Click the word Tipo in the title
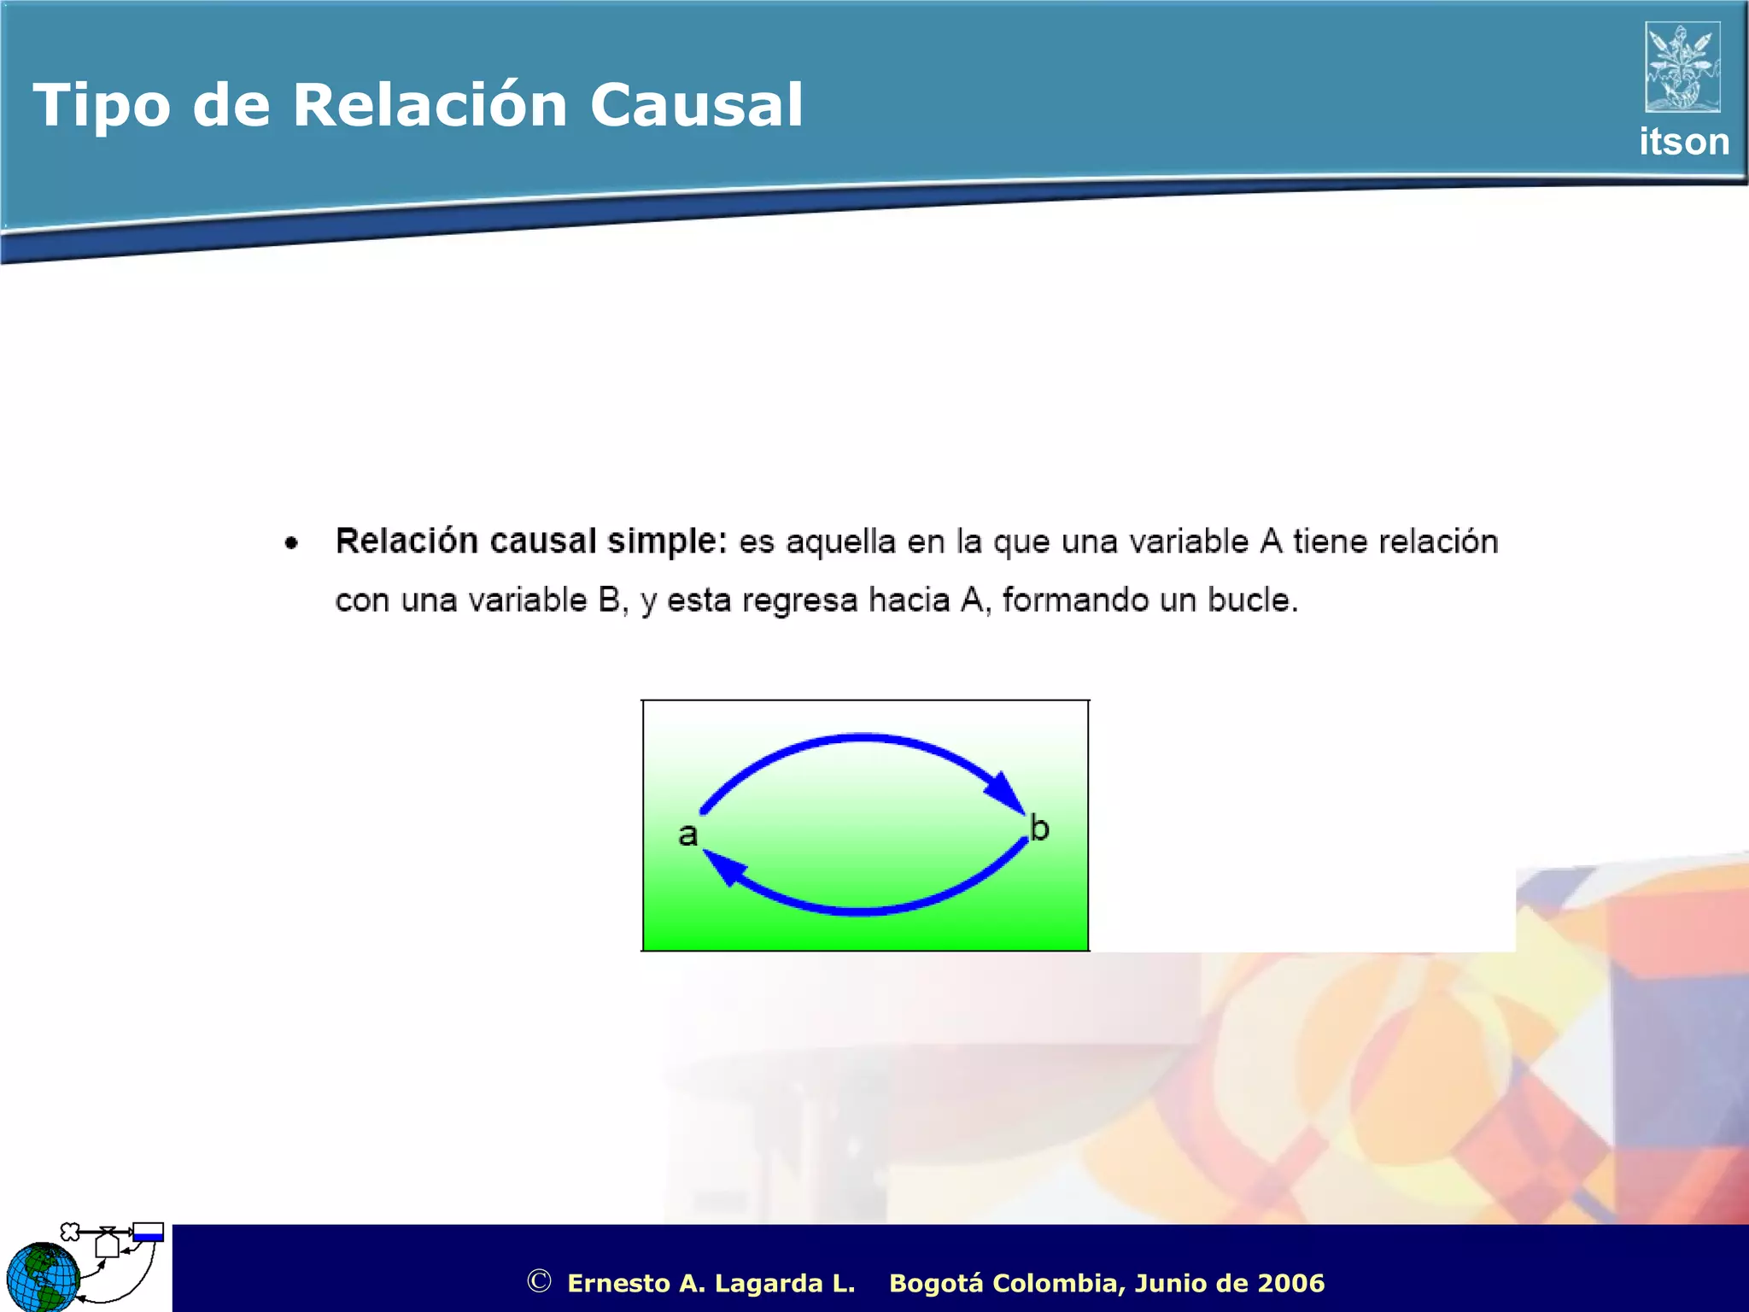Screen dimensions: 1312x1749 click(x=101, y=106)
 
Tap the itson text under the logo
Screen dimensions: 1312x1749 click(x=1683, y=142)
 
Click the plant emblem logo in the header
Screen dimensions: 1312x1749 click(x=1682, y=67)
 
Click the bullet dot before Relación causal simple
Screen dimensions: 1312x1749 click(x=292, y=543)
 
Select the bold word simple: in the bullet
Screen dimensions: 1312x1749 click(x=666, y=542)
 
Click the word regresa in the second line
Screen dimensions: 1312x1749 click(x=799, y=600)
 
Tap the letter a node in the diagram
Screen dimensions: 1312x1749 click(x=687, y=835)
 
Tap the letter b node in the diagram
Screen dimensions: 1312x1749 click(x=1039, y=828)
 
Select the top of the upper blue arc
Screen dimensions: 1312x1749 click(x=863, y=736)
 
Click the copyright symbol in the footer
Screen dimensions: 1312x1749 click(x=539, y=1281)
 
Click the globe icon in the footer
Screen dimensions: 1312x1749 click(x=43, y=1278)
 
